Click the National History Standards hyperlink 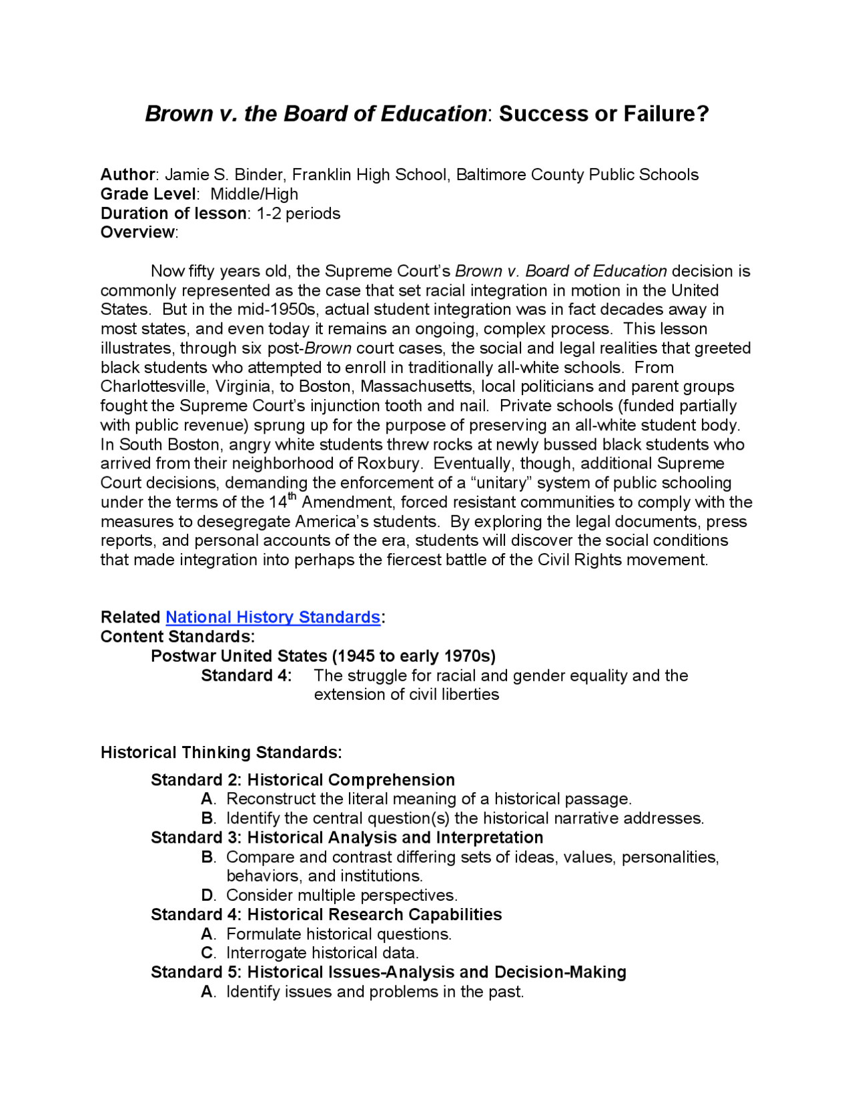(x=273, y=617)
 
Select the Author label (x=127, y=175)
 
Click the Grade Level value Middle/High (x=254, y=194)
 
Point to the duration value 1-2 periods (x=298, y=214)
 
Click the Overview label (x=137, y=232)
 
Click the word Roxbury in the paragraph (x=388, y=463)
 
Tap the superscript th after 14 (x=292, y=496)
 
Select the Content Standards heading (x=177, y=637)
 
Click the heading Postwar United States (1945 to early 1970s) (x=323, y=656)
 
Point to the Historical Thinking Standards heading (x=221, y=753)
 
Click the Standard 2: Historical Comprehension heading (x=303, y=780)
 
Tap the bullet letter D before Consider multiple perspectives (x=207, y=895)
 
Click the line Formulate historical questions (x=339, y=934)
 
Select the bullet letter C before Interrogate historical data (x=207, y=953)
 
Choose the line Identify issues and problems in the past (x=375, y=992)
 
